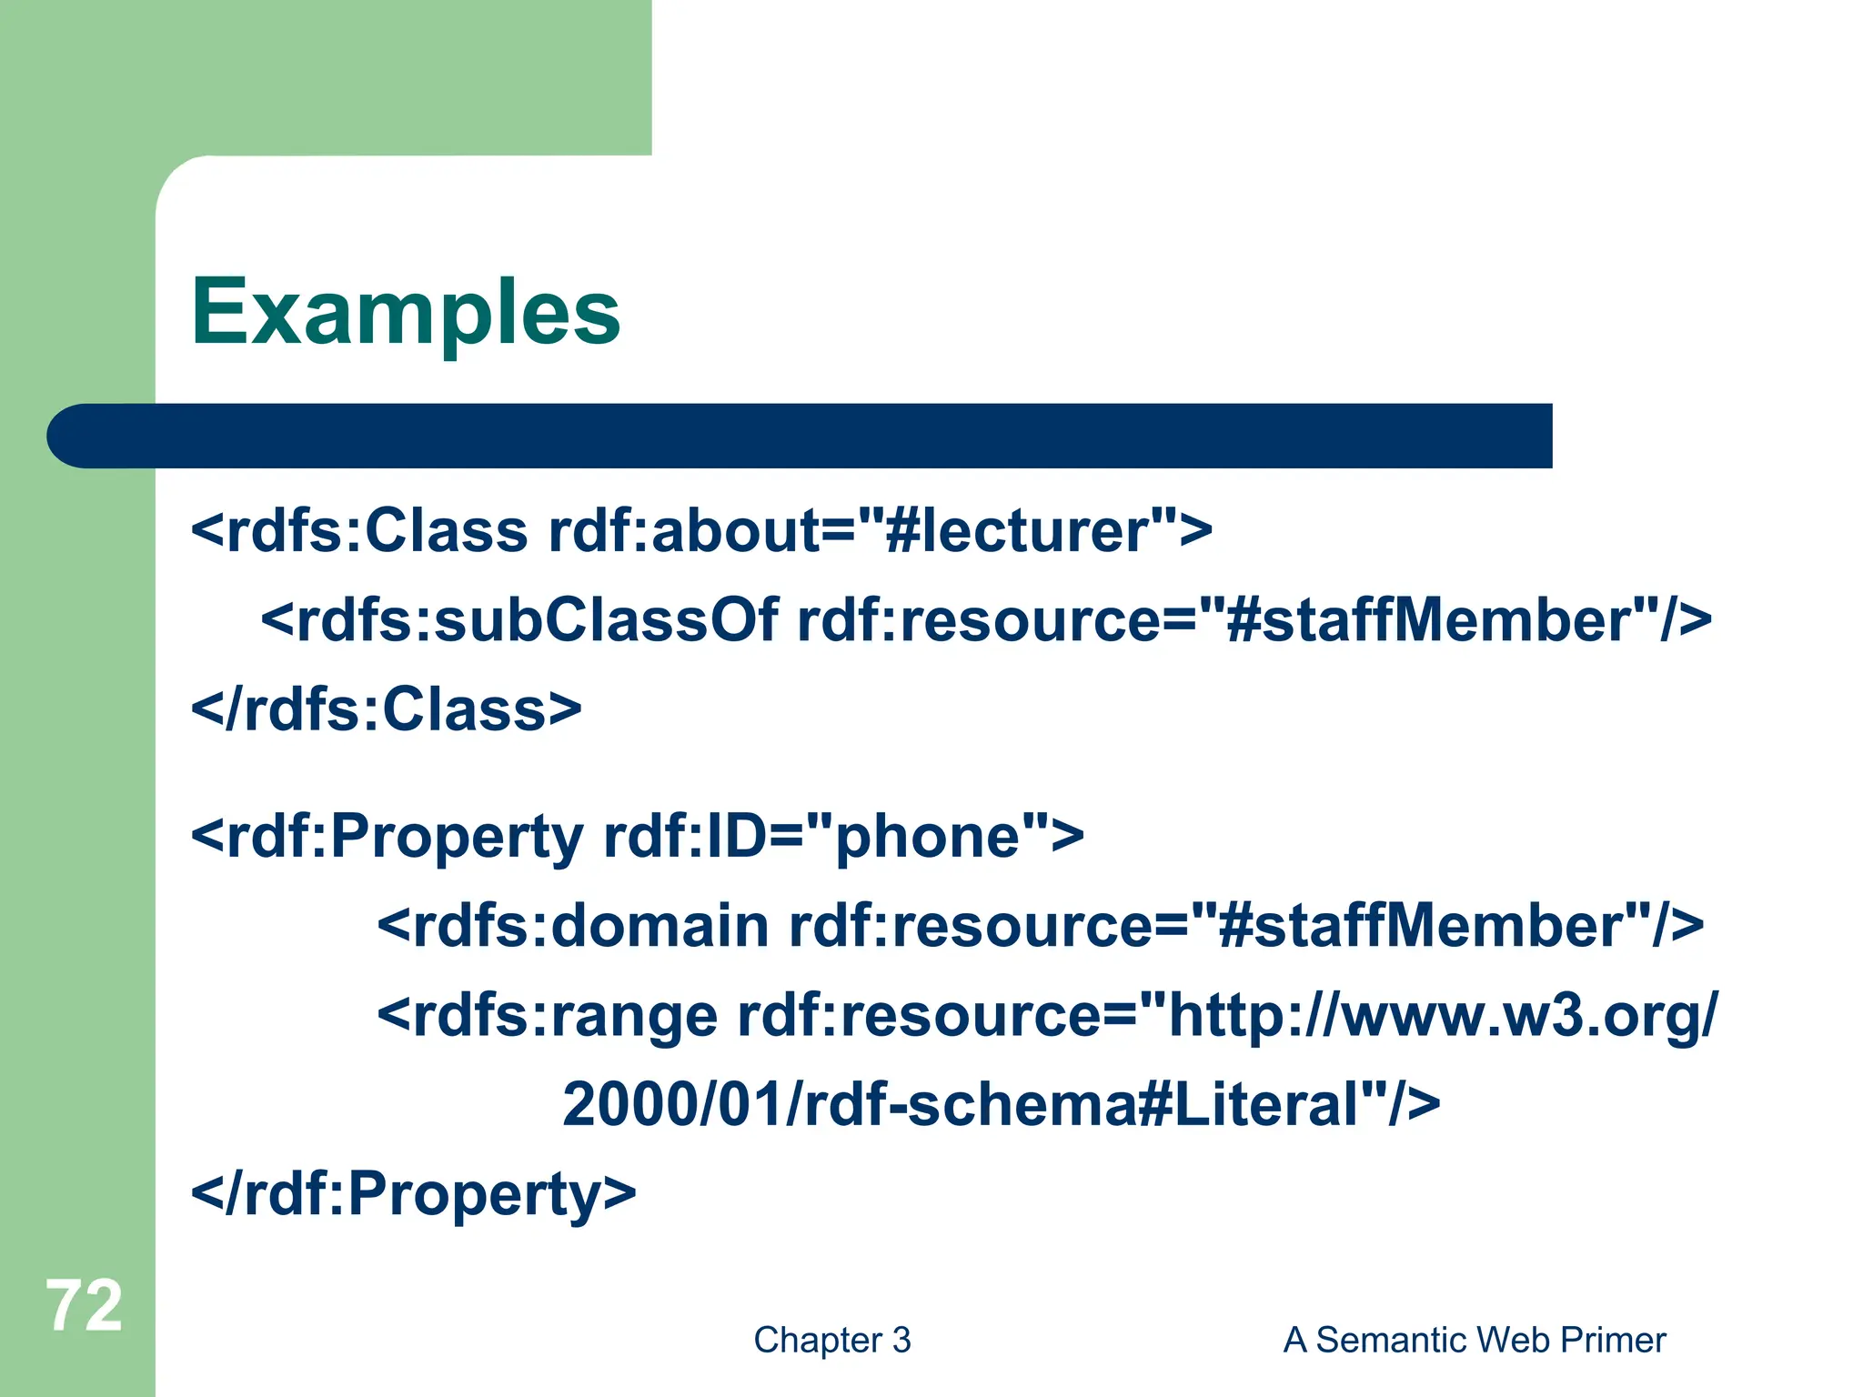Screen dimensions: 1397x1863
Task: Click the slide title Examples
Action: point(406,312)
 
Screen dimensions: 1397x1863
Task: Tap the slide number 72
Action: point(84,1306)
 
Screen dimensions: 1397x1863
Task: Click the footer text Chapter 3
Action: point(831,1340)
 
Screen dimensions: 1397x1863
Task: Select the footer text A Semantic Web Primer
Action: point(1474,1340)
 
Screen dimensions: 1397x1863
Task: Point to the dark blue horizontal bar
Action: point(801,436)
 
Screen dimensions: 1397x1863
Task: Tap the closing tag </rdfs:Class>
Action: point(386,709)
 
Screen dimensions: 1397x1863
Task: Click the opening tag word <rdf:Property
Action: point(388,837)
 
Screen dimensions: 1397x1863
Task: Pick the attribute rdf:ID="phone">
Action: point(843,837)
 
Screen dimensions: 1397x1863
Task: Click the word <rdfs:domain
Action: point(573,926)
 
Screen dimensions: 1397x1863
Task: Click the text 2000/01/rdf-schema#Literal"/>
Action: point(1001,1105)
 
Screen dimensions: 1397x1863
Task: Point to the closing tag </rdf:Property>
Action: point(413,1194)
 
